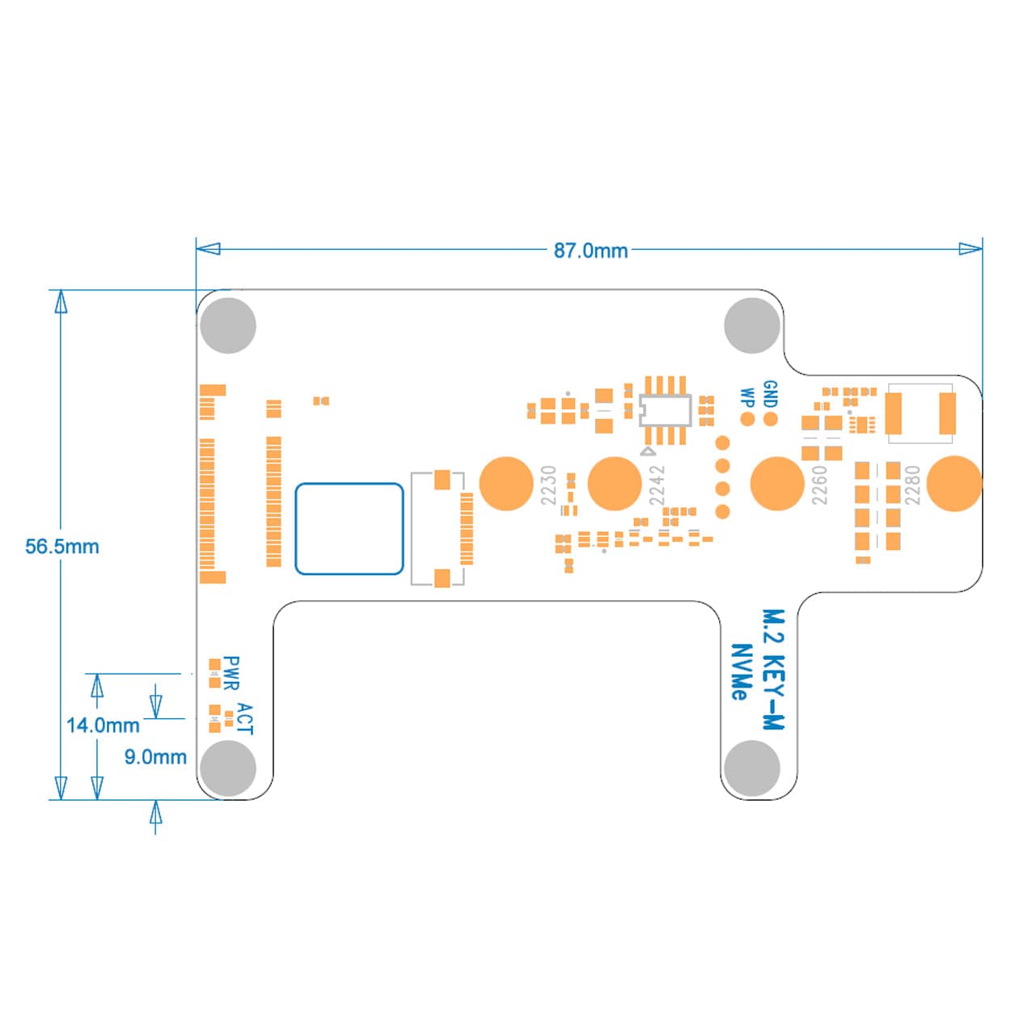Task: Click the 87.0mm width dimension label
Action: coord(590,251)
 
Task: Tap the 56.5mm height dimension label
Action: coord(62,547)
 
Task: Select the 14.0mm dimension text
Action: coord(103,725)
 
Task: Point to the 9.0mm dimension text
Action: coord(155,757)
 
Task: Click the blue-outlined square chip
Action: coord(349,529)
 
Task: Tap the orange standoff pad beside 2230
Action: coord(506,484)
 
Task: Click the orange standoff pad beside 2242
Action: coord(615,484)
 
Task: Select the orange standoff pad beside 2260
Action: coord(777,484)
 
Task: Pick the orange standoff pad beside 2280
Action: coord(954,484)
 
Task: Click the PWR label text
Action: coord(231,673)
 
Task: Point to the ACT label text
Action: coord(245,719)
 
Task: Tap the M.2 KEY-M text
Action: coord(774,670)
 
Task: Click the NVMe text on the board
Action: coord(740,671)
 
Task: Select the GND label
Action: coord(770,394)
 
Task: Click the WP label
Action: coord(747,398)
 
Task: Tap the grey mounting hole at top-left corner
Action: coord(228,325)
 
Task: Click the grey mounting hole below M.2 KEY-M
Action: coord(752,767)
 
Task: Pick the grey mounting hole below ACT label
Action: coord(228,767)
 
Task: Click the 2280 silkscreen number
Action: coord(912,484)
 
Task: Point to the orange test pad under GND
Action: coord(771,419)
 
